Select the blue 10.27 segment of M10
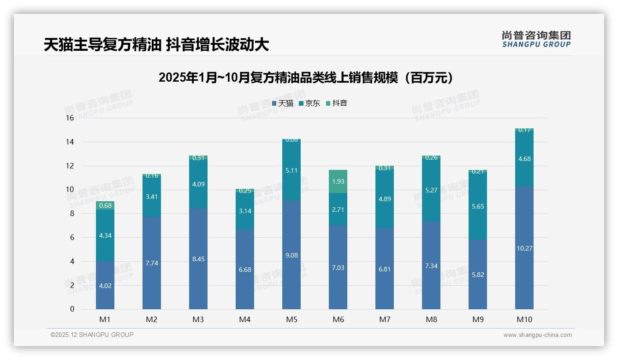pyautogui.click(x=524, y=248)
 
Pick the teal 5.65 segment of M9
pyautogui.click(x=478, y=206)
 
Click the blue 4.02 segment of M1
pyautogui.click(x=105, y=285)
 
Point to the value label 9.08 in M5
pyautogui.click(x=291, y=255)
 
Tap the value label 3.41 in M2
pyautogui.click(x=152, y=197)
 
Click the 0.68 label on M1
pyautogui.click(x=105, y=205)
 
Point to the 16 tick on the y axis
pyautogui.click(x=70, y=118)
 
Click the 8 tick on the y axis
pyautogui.click(x=71, y=213)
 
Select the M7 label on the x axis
pyautogui.click(x=385, y=319)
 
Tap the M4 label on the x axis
pyautogui.click(x=245, y=319)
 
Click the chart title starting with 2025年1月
pyautogui.click(x=305, y=78)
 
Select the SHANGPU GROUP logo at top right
pyautogui.click(x=536, y=39)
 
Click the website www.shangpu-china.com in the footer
pyautogui.click(x=537, y=335)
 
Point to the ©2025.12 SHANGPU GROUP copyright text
pyautogui.click(x=92, y=335)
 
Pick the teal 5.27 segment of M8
pyautogui.click(x=431, y=189)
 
